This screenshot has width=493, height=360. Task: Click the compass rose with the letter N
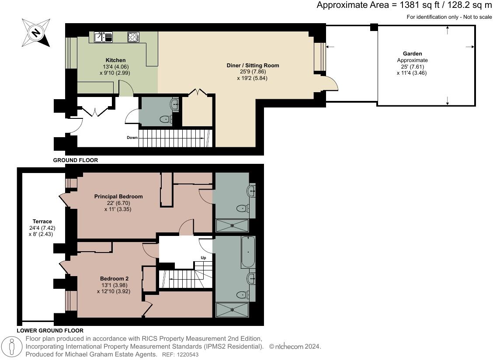click(36, 32)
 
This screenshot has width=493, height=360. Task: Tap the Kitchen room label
click(115, 60)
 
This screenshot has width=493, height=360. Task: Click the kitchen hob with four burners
click(133, 37)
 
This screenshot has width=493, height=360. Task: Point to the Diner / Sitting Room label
click(253, 66)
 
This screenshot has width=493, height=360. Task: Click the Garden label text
click(412, 54)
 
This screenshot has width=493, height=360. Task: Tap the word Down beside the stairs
click(132, 138)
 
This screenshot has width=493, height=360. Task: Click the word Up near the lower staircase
click(203, 258)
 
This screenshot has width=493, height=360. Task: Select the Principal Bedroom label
click(118, 197)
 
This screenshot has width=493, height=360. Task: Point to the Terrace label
click(42, 222)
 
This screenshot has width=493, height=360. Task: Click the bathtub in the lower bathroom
click(248, 252)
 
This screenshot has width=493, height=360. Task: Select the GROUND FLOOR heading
click(76, 160)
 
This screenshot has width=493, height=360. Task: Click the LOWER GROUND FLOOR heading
click(50, 331)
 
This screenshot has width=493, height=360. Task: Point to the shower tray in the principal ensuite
click(232, 225)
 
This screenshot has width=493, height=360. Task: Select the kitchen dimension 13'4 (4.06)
click(115, 67)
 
